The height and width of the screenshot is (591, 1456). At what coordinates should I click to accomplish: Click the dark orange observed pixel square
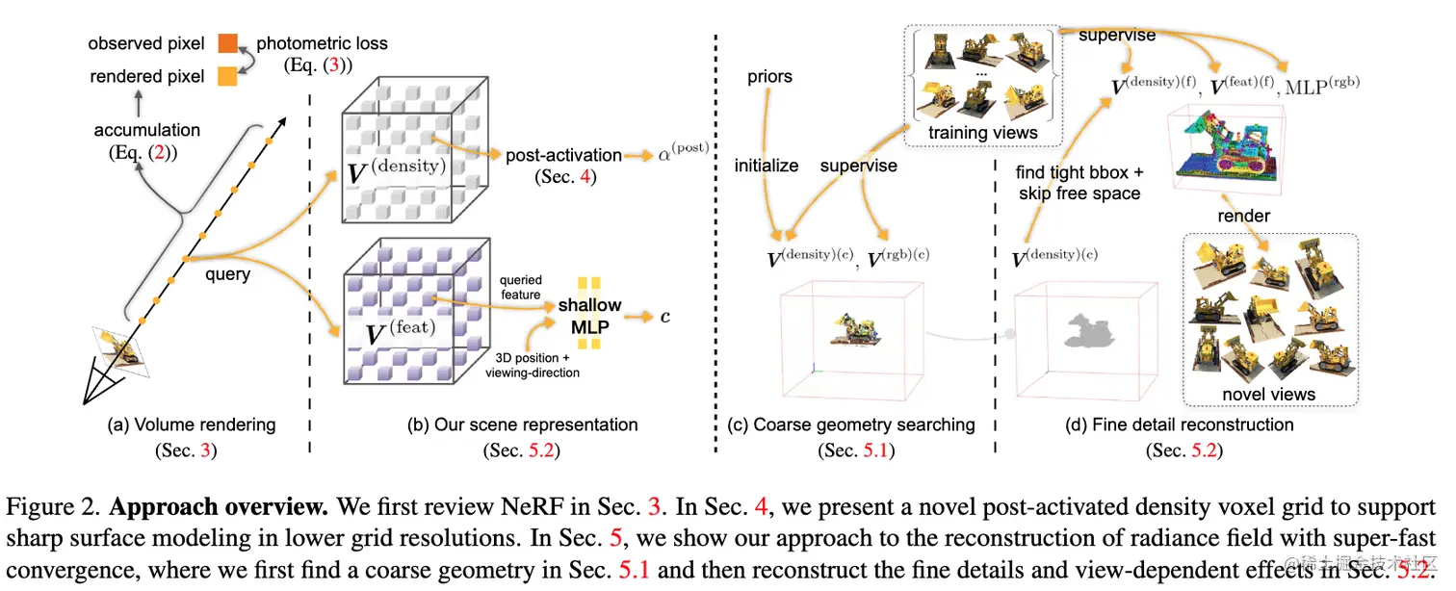click(227, 43)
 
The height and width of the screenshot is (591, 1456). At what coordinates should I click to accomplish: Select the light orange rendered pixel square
click(227, 77)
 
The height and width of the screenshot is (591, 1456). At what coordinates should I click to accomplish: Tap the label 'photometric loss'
click(322, 43)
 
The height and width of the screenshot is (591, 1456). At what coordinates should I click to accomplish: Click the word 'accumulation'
click(147, 130)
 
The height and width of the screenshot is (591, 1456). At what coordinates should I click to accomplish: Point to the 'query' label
click(227, 274)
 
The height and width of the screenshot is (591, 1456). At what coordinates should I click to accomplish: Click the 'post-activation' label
click(563, 155)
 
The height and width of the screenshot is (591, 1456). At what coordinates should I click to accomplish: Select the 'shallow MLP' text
click(589, 316)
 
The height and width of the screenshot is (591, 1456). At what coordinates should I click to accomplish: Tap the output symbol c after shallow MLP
click(665, 317)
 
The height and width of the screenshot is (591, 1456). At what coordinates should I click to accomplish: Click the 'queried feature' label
click(520, 287)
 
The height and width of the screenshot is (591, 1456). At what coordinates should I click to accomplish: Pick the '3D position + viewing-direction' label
click(533, 365)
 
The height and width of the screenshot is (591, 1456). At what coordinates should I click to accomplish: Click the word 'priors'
click(769, 77)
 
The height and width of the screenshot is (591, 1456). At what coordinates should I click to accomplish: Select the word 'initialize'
click(767, 166)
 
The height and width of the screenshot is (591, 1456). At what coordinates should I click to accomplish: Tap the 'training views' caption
click(983, 133)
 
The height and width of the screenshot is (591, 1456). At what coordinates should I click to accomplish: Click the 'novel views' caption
click(1269, 395)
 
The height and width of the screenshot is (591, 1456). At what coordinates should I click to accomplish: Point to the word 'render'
click(1243, 216)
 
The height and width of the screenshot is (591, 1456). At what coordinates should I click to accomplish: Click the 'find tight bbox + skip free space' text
click(1079, 183)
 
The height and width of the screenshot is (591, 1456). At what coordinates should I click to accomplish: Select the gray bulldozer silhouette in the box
click(1090, 331)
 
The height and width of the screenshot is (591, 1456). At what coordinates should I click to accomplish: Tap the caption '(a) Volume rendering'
click(192, 424)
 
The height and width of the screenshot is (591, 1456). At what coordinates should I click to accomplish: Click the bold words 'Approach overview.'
click(219, 506)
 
